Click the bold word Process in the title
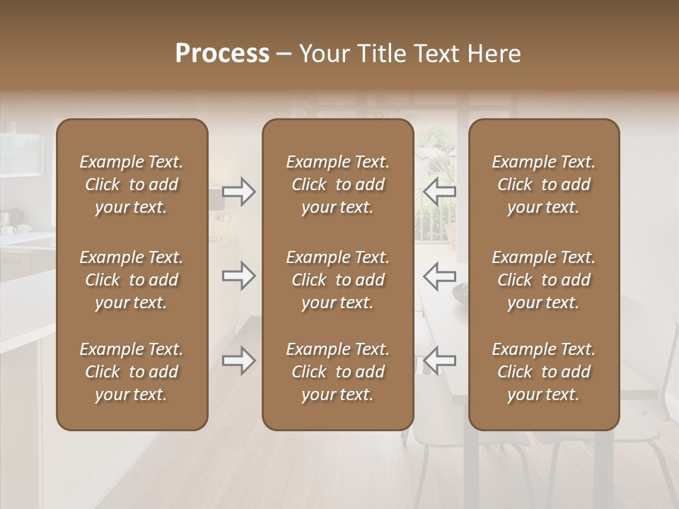pyautogui.click(x=222, y=54)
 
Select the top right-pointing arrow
pyautogui.click(x=239, y=192)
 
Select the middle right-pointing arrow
pyautogui.click(x=239, y=276)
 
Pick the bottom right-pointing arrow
pyautogui.click(x=239, y=361)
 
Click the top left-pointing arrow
pyautogui.click(x=439, y=192)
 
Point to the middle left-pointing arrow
pyautogui.click(x=439, y=276)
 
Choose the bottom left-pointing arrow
pyautogui.click(x=439, y=361)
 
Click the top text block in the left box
pyautogui.click(x=132, y=185)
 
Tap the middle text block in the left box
pyautogui.click(x=132, y=280)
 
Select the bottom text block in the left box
pyautogui.click(x=132, y=372)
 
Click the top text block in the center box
pyautogui.click(x=337, y=185)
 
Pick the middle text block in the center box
pyautogui.click(x=337, y=280)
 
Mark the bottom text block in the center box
pyautogui.click(x=337, y=372)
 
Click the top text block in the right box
pyautogui.click(x=543, y=185)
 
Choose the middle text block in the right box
pyautogui.click(x=543, y=280)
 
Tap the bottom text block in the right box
pyautogui.click(x=543, y=372)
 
